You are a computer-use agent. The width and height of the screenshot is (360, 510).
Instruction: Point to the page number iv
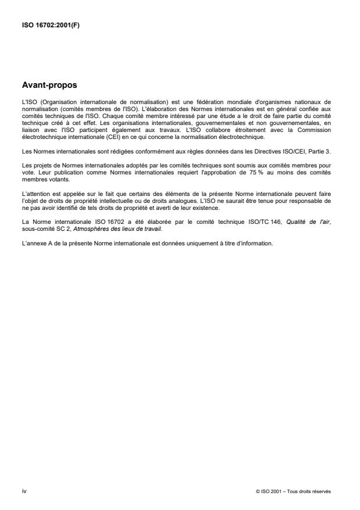24,491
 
